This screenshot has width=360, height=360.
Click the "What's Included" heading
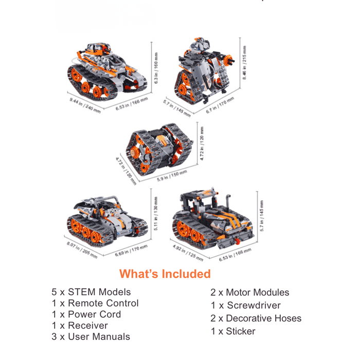165,274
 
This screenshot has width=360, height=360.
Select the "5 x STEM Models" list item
91,292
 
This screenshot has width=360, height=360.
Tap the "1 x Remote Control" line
95,303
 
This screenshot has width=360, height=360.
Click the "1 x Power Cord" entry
86,314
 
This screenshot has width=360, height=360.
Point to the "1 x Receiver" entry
80,326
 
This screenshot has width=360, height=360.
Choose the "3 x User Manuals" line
91,337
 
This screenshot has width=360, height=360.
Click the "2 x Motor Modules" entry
250,292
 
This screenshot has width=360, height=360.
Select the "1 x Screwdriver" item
246,305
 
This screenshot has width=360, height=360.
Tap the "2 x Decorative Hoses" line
256,318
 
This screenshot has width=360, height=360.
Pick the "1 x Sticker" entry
233,331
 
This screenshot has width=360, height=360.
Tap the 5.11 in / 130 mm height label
157,213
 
